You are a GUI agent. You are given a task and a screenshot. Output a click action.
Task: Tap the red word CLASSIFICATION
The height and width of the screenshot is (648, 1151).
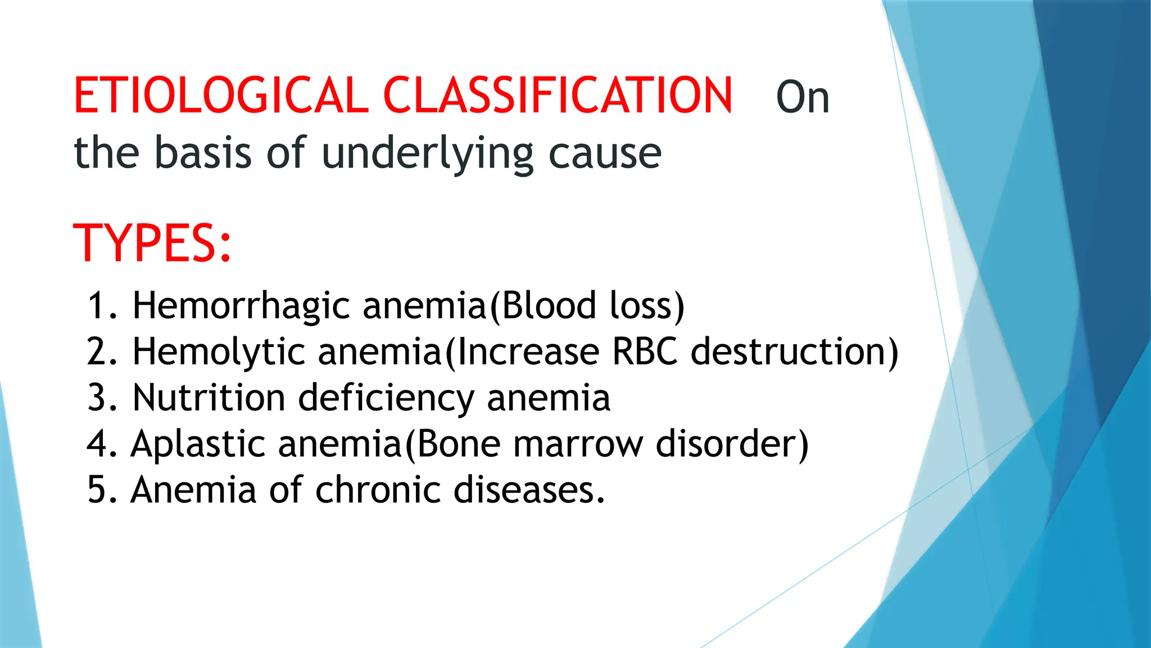tap(558, 96)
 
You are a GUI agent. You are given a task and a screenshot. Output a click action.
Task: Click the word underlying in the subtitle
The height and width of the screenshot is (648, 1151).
tap(427, 153)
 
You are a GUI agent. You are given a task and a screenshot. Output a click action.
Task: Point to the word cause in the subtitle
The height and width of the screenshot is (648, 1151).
tap(605, 153)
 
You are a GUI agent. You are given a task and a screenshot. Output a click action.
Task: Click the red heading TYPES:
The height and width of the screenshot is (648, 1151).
tap(152, 243)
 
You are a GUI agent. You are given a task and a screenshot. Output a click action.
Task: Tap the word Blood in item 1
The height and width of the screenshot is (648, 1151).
tap(547, 306)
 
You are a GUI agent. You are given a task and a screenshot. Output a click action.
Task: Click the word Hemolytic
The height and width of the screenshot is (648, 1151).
tap(219, 352)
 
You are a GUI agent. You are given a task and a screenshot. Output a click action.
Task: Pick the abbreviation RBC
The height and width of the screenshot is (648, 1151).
tap(645, 352)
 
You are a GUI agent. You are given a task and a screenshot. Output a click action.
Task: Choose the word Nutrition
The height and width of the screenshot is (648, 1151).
tap(209, 398)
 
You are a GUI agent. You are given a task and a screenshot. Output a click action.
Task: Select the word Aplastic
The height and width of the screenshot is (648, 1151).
tap(198, 444)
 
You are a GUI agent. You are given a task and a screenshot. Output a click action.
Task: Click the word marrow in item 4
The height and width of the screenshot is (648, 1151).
tap(578, 444)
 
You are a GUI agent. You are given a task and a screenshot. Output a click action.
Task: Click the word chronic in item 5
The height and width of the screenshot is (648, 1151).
tap(378, 489)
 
